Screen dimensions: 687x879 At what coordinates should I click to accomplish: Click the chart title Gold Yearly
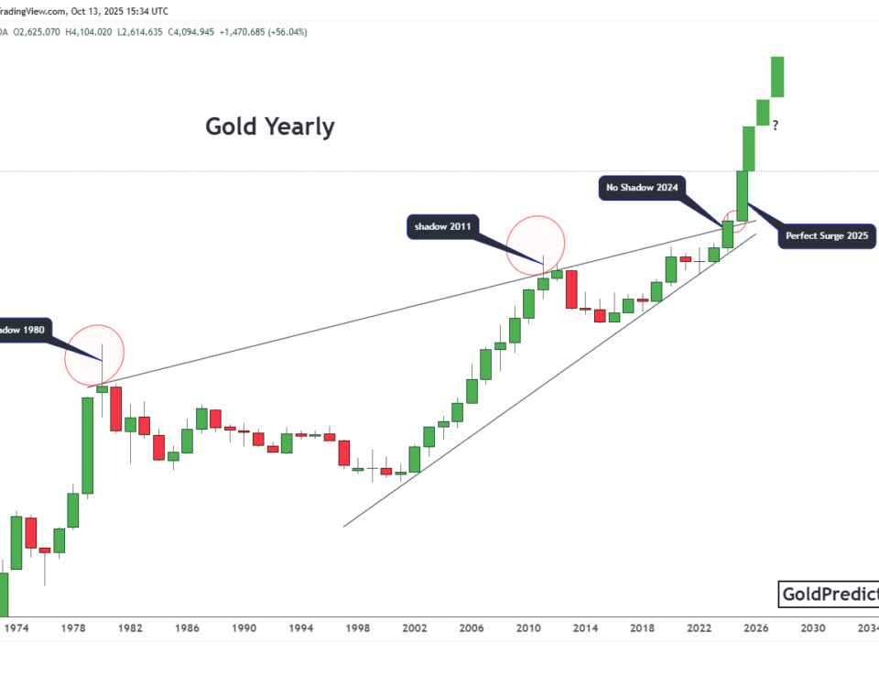click(x=270, y=126)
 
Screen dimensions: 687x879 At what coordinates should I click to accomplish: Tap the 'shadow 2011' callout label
click(x=442, y=226)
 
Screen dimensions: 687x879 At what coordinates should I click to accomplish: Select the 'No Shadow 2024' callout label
click(x=640, y=189)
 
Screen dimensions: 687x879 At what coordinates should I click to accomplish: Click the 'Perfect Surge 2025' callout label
click(x=827, y=235)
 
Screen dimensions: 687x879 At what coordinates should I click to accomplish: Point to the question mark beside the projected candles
click(x=775, y=125)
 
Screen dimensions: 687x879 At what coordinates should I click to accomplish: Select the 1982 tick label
click(x=129, y=628)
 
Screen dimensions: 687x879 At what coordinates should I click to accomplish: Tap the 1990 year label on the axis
click(x=244, y=628)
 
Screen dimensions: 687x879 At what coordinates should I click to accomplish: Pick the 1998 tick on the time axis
click(x=357, y=628)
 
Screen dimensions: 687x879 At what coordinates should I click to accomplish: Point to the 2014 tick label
click(x=585, y=628)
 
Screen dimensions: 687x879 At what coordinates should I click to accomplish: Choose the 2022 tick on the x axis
click(x=699, y=628)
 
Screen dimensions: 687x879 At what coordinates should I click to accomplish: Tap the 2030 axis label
click(x=812, y=628)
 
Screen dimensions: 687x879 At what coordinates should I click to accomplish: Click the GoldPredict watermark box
click(x=828, y=595)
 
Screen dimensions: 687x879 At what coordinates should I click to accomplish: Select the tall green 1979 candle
click(x=88, y=445)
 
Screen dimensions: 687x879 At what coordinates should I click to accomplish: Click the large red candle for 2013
click(x=571, y=289)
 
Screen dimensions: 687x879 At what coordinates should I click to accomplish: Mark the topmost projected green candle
click(x=777, y=77)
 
